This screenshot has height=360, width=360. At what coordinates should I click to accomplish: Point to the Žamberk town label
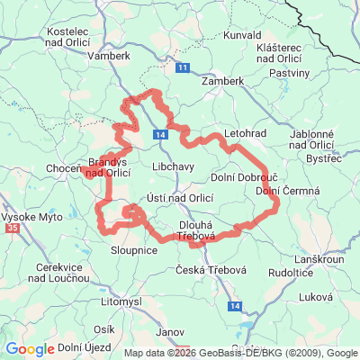coord(222,80)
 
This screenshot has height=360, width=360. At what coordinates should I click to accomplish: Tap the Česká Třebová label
coord(206,271)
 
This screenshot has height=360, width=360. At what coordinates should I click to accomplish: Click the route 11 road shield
coord(183,67)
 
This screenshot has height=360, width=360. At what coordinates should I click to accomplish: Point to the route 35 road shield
coord(13,229)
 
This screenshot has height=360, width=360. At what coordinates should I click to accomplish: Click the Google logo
coord(30,349)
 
